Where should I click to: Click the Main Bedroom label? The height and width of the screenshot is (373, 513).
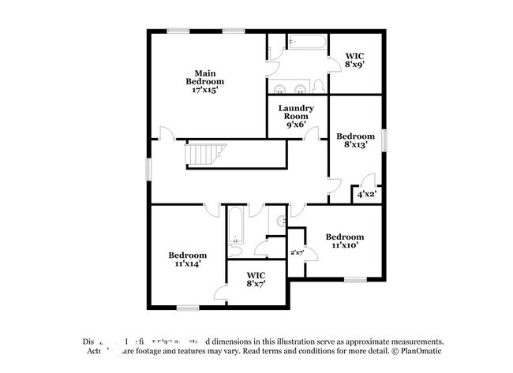click(205, 77)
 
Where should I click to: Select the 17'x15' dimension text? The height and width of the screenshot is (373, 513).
click(205, 91)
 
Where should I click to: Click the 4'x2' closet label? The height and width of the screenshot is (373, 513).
click(366, 193)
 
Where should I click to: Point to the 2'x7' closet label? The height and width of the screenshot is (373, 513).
click(297, 252)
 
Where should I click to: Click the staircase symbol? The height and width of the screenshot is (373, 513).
click(207, 155)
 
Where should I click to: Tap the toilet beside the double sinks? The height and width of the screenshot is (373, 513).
click(317, 86)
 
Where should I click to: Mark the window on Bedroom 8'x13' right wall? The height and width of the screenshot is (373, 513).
click(386, 139)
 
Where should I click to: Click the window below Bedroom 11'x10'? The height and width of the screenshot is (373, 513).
click(354, 279)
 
